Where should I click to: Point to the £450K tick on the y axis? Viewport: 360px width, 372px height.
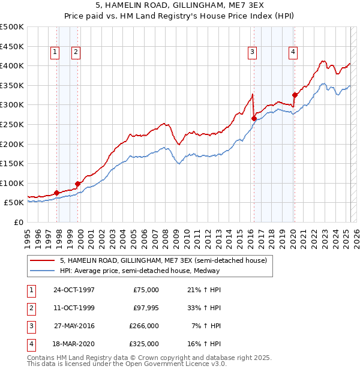pos(13,46)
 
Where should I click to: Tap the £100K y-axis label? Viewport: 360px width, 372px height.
pos(13,184)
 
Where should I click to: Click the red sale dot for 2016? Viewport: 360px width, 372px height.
pos(254,119)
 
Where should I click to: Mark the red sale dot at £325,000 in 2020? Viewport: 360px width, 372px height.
pos(295,95)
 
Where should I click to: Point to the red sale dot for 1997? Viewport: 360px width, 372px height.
pos(57,193)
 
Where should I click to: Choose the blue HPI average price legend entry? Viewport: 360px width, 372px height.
pos(140,271)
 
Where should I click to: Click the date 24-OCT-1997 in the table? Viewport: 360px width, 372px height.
pos(74,290)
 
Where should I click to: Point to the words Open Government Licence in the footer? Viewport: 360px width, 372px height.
pos(170,364)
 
